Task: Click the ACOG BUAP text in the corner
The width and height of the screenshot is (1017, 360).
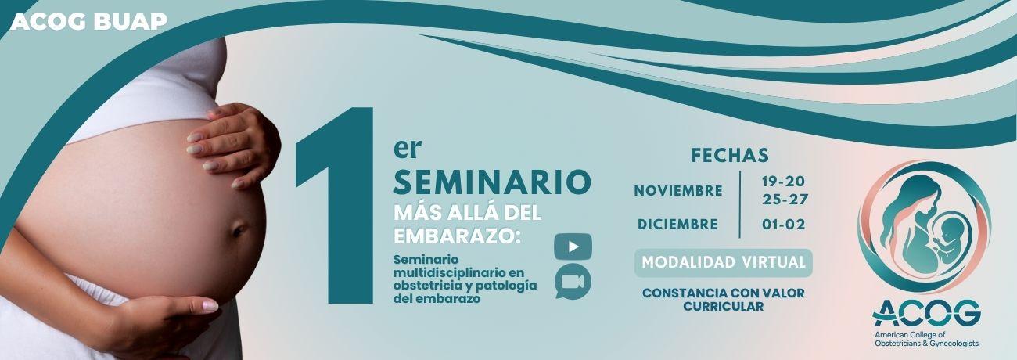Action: coord(89,21)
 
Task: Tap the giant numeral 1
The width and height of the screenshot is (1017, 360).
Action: coord(335,205)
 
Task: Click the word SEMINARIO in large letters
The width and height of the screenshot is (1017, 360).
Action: coord(492,182)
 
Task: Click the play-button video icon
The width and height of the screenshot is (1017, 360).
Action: coord(573,247)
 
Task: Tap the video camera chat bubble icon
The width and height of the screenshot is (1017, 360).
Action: coord(573,282)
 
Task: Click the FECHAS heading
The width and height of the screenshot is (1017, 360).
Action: coord(730,155)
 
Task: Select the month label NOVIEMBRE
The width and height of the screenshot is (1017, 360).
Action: coord(678,191)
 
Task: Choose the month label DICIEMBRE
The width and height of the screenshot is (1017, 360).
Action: coord(677,225)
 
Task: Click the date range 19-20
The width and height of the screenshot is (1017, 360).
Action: coord(783,182)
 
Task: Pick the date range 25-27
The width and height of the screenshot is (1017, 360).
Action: coord(785,200)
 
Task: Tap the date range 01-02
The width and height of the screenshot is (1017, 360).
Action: coord(784,225)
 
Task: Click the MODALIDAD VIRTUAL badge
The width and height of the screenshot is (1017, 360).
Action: coord(724,262)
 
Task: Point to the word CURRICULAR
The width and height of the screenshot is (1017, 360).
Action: coord(724,307)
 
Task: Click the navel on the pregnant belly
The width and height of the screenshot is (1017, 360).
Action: coord(239,230)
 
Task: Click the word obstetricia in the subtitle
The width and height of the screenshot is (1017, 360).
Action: coord(429,286)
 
